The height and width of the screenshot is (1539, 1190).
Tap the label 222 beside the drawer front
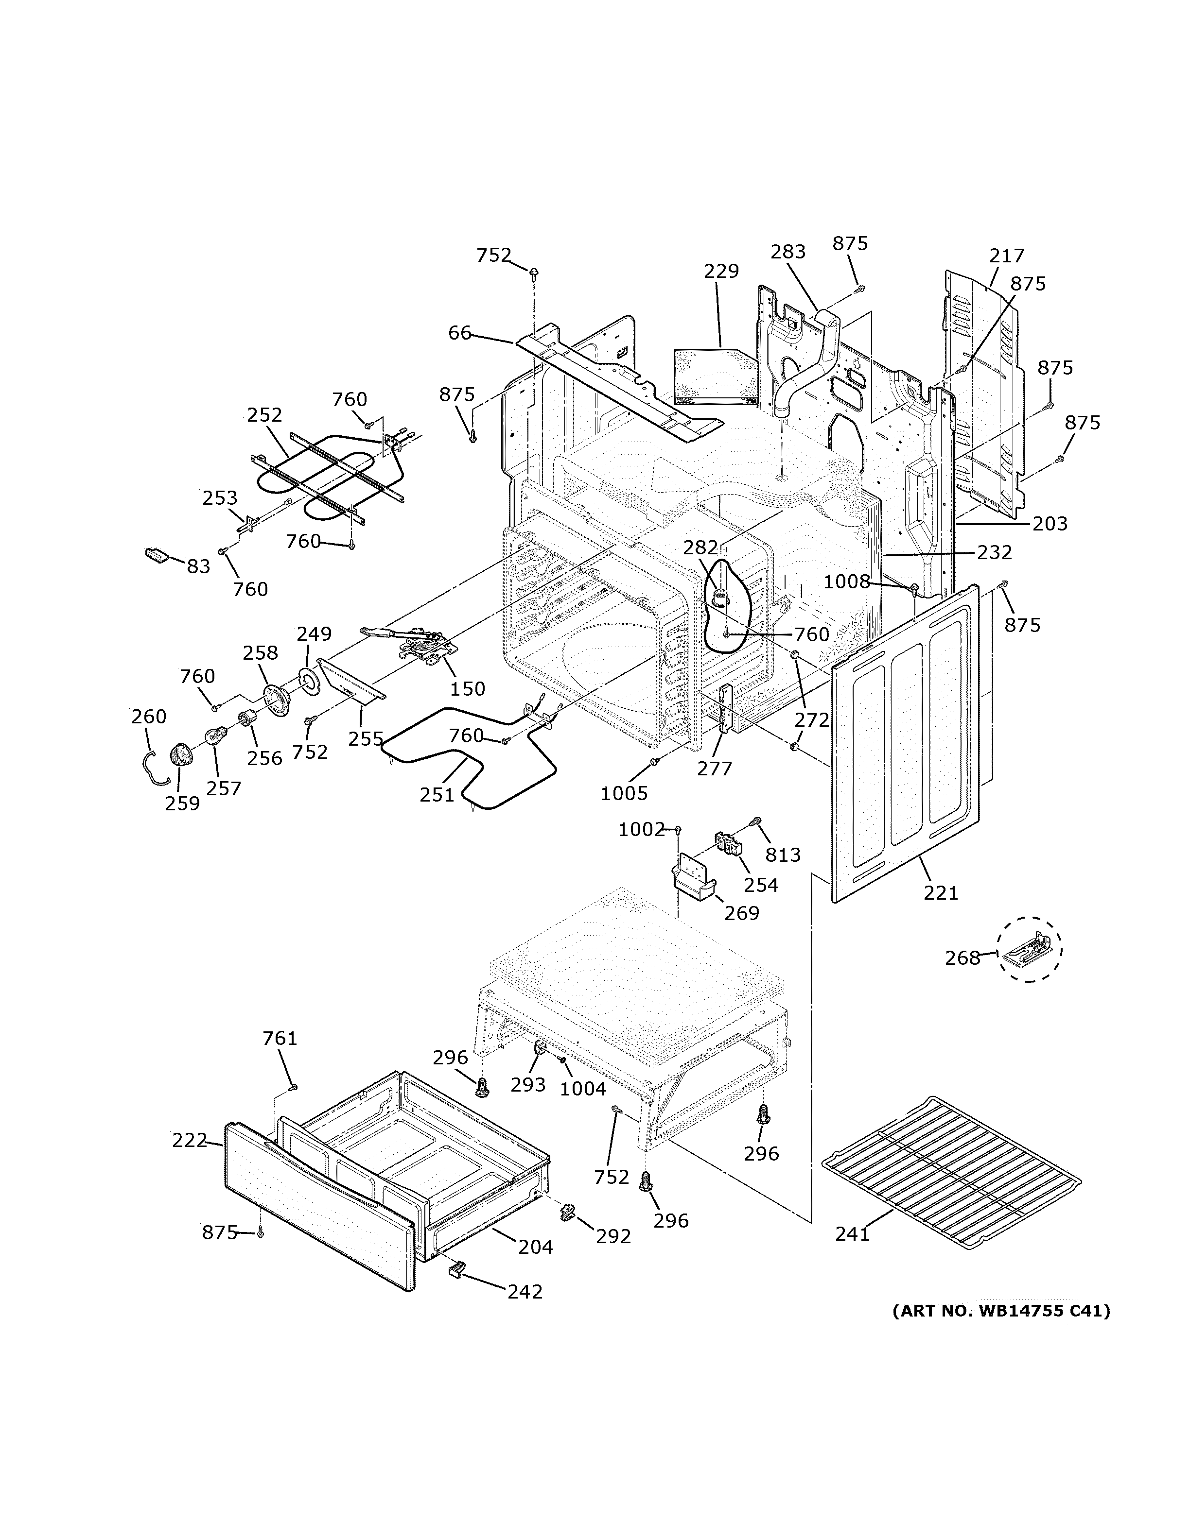pyautogui.click(x=189, y=1140)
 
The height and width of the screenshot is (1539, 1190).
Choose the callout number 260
pyautogui.click(x=149, y=717)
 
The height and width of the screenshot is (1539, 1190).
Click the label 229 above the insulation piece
pyautogui.click(x=721, y=271)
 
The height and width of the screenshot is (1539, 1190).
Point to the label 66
pyautogui.click(x=460, y=333)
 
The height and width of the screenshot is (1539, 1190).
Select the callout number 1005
pyautogui.click(x=624, y=793)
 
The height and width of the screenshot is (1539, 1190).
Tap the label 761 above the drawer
pyautogui.click(x=280, y=1038)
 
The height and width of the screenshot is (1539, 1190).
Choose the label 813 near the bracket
pyautogui.click(x=783, y=855)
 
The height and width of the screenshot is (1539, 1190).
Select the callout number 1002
pyautogui.click(x=641, y=829)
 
